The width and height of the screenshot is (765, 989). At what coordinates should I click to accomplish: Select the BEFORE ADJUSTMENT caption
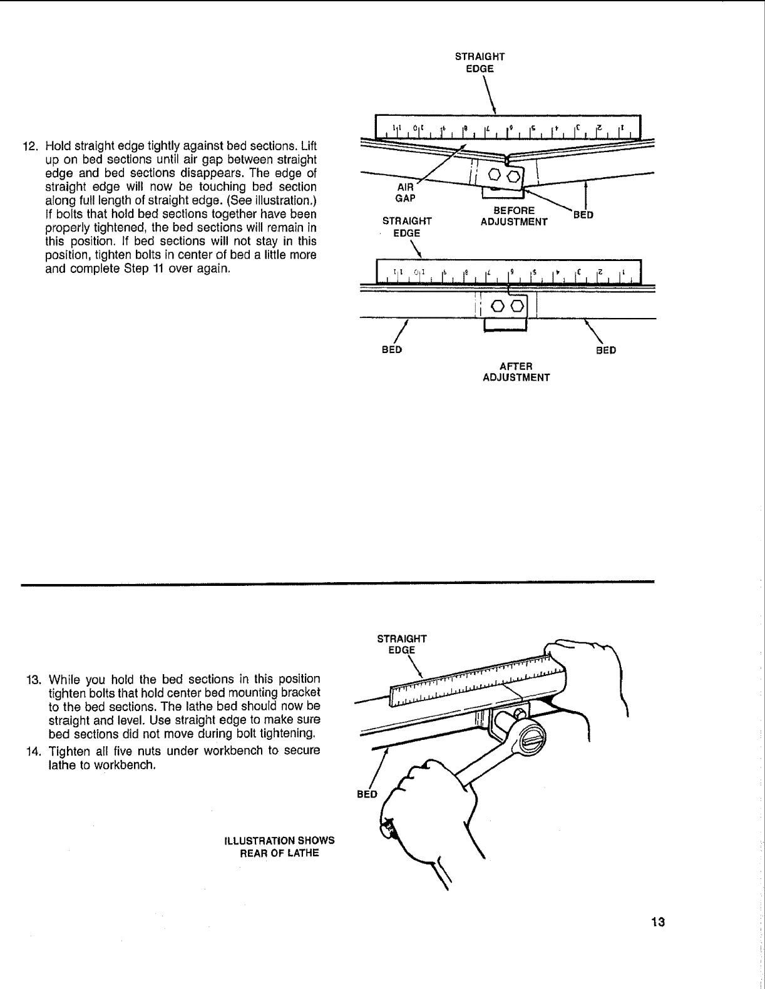513,217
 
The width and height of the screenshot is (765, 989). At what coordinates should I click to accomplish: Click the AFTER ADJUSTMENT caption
516,372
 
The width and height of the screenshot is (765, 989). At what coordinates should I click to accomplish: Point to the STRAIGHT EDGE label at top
480,62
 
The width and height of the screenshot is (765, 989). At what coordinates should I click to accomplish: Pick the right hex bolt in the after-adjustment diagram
518,305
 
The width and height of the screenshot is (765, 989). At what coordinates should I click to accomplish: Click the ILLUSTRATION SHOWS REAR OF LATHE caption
279,846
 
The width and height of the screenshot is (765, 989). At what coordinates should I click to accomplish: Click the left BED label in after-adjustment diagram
392,350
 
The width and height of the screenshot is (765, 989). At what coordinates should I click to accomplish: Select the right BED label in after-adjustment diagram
605,351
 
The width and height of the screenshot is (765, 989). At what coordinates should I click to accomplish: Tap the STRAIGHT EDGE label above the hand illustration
401,644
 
